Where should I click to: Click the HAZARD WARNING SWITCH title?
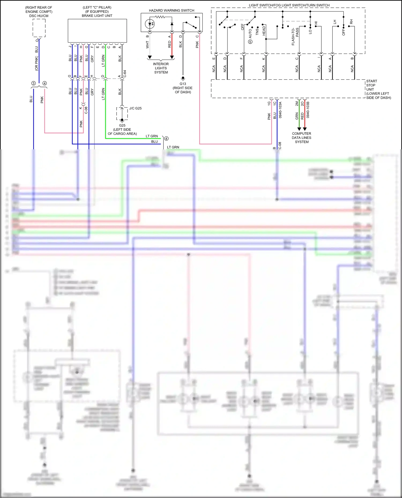(172, 10)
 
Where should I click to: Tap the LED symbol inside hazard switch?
(150, 24)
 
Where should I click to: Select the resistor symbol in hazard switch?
(160, 17)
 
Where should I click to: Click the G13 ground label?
(183, 84)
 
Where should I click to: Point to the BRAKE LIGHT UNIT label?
(97, 16)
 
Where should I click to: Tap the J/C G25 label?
(135, 108)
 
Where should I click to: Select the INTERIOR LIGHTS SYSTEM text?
(161, 68)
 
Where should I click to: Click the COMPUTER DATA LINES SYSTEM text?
(301, 138)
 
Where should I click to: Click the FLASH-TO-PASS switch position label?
(295, 36)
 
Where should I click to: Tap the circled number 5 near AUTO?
(250, 42)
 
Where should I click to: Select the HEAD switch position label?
(264, 31)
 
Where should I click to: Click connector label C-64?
(125, 74)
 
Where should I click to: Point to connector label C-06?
(86, 110)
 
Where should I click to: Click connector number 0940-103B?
(308, 110)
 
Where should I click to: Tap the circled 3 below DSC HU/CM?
(33, 83)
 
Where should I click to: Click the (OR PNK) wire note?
(37, 63)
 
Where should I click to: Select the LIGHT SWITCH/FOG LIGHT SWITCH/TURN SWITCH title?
(289, 5)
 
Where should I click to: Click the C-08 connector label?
(280, 146)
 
